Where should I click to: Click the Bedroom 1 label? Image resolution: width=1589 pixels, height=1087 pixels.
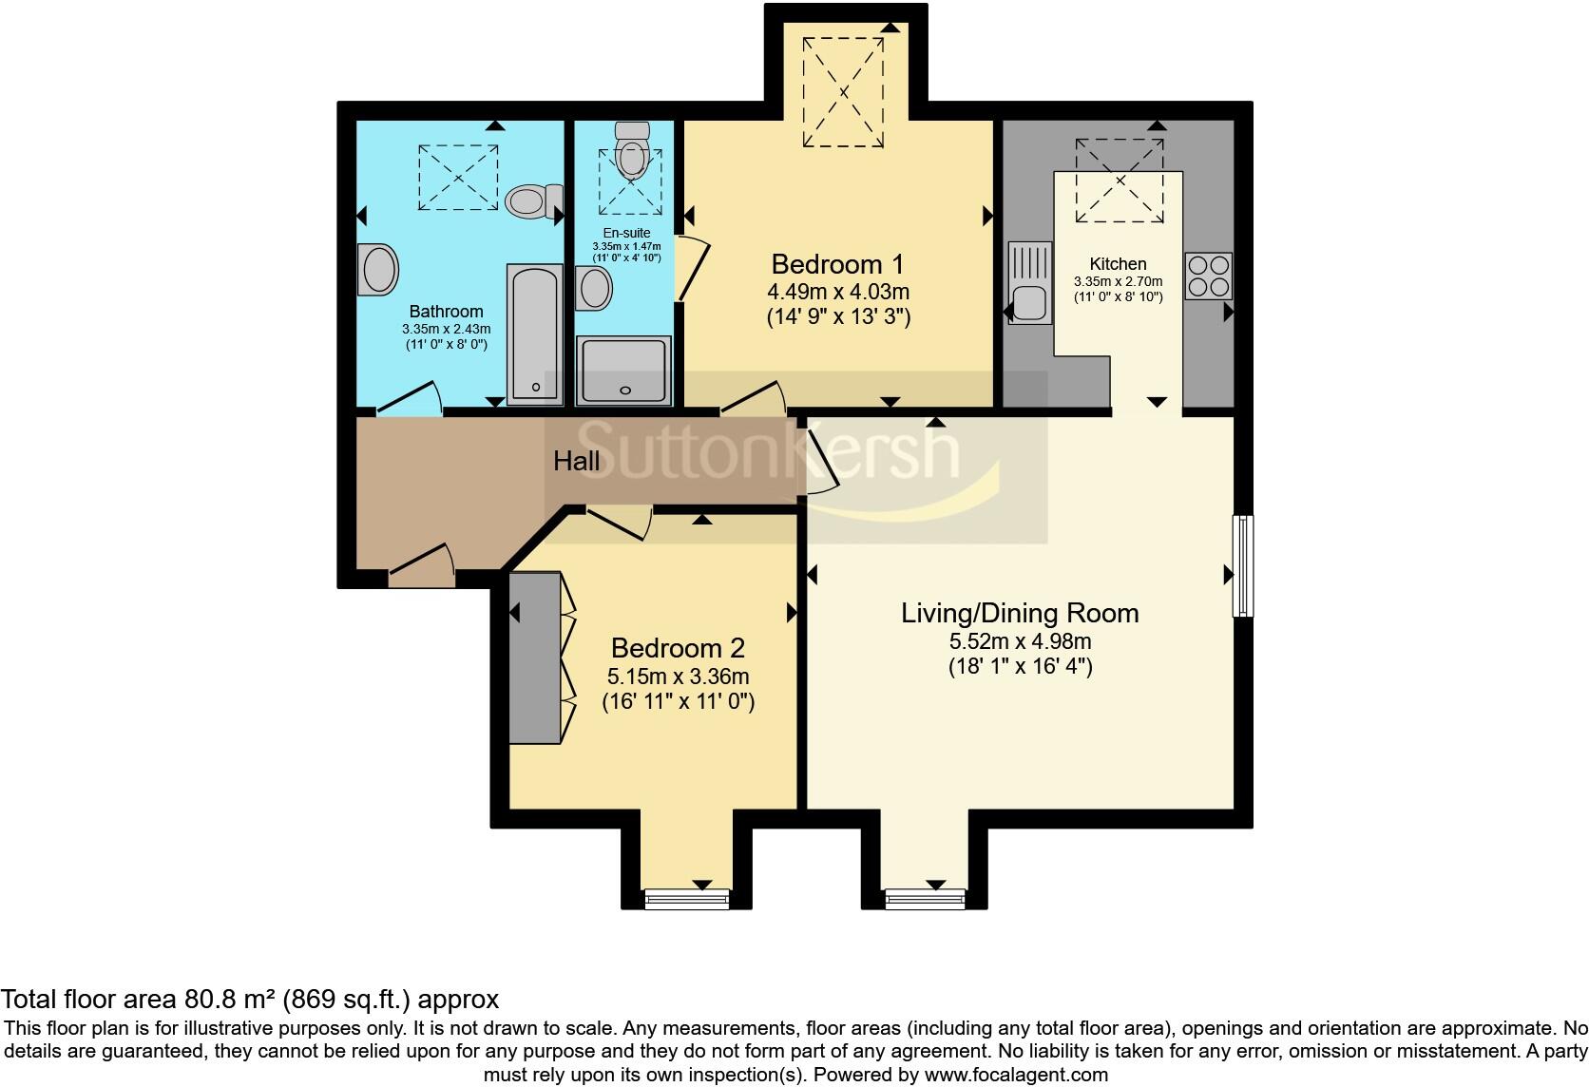(837, 263)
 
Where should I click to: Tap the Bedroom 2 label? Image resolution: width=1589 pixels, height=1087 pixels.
(678, 648)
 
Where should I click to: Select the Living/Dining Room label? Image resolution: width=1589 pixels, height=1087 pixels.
(1020, 613)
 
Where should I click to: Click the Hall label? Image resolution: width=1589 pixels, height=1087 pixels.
(577, 462)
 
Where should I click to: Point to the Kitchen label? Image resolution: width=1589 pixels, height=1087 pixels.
(1118, 264)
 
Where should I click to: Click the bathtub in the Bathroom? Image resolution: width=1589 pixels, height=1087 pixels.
(534, 333)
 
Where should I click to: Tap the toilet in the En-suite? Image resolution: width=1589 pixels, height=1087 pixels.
(630, 152)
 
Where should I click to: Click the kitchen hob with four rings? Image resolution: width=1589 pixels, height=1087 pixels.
(1209, 277)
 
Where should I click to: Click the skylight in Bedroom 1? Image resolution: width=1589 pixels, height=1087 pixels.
(844, 92)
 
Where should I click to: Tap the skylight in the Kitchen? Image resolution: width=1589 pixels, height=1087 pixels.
(1119, 181)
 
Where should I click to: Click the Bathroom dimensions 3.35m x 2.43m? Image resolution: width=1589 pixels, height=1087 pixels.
(446, 329)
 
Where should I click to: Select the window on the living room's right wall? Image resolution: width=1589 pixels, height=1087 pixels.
(1243, 565)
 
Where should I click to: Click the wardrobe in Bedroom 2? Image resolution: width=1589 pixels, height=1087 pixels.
(534, 658)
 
